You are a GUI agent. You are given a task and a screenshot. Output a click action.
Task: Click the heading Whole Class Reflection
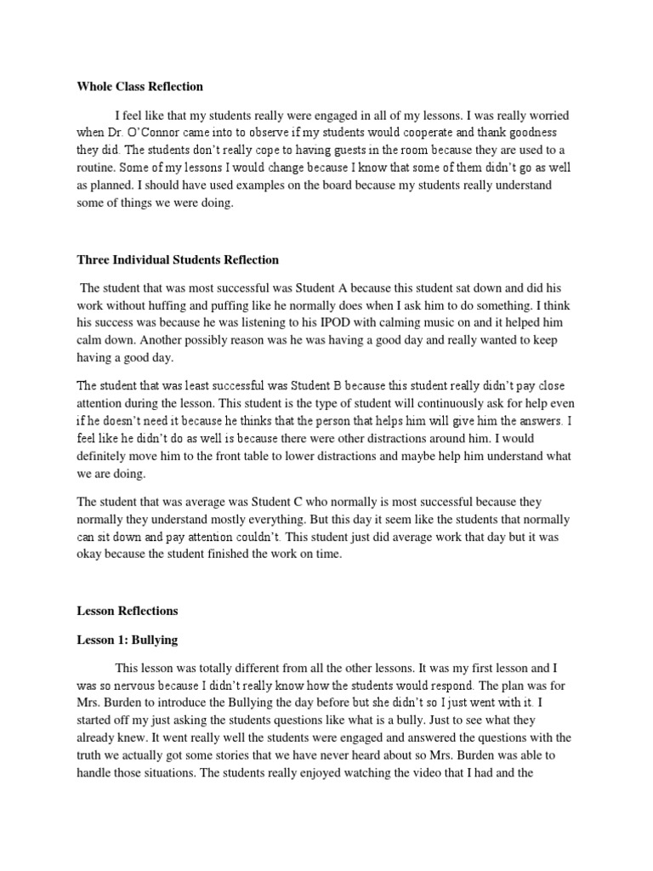[x=140, y=86]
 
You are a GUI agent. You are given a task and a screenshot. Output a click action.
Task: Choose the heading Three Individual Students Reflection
[x=178, y=259]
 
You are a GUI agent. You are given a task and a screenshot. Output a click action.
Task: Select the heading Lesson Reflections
[x=128, y=611]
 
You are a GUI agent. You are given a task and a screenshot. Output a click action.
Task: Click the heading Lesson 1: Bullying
[x=127, y=640]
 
